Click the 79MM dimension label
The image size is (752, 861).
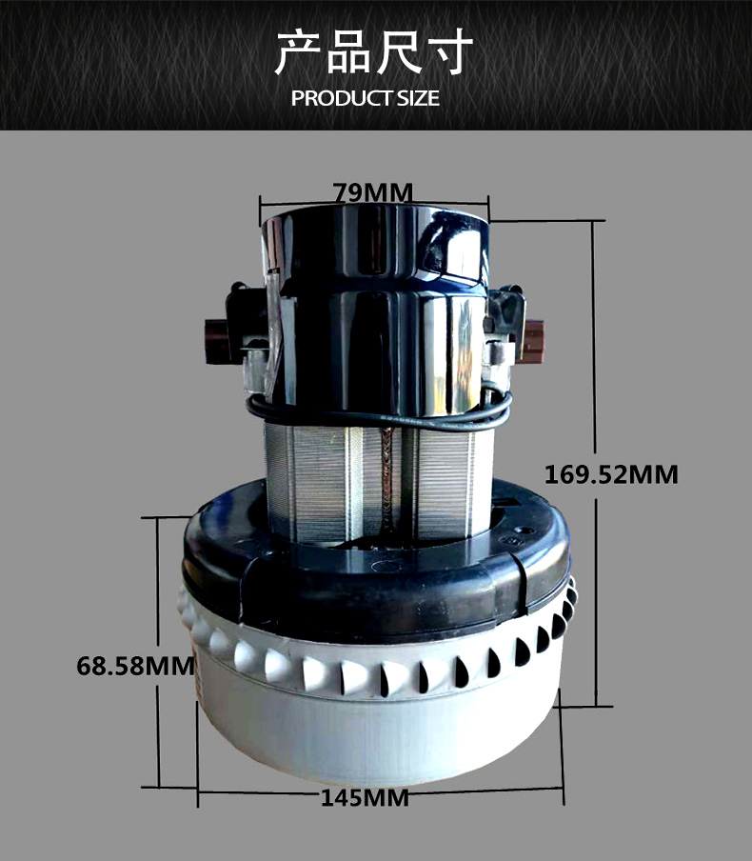[373, 192]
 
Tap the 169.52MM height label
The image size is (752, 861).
[611, 474]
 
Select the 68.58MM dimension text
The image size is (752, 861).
[135, 666]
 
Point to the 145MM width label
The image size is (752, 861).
[365, 798]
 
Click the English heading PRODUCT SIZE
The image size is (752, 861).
[365, 98]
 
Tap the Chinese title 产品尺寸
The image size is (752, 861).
[373, 51]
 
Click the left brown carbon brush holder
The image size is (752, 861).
[219, 341]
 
